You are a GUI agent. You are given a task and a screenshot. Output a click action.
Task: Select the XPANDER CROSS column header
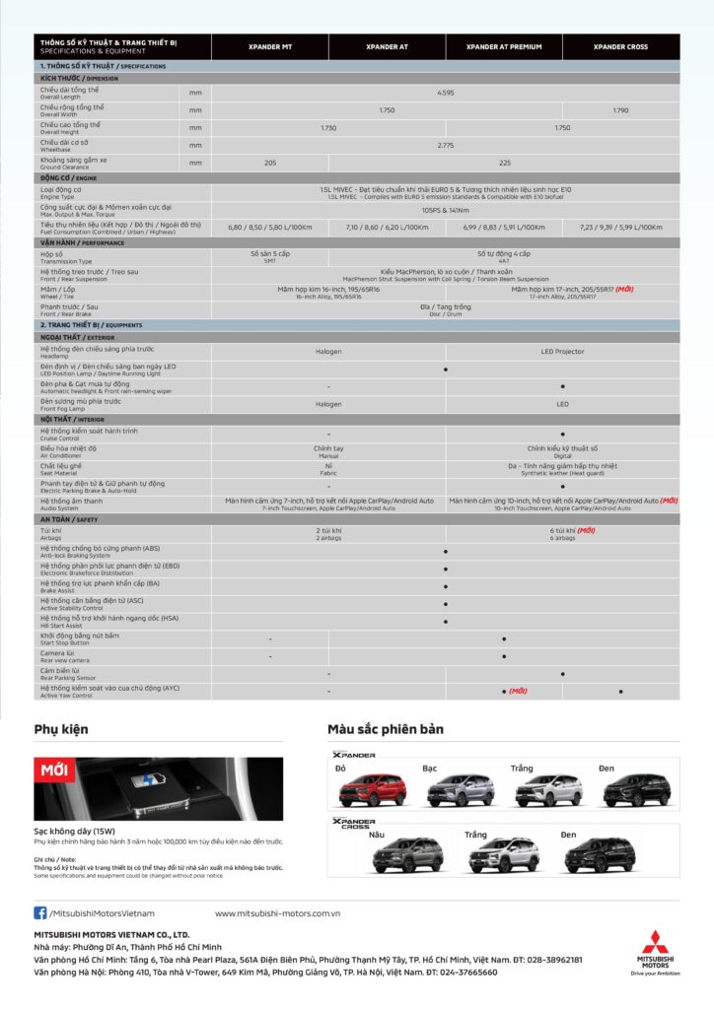point(620,46)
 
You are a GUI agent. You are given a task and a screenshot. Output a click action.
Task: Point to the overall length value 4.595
point(446,92)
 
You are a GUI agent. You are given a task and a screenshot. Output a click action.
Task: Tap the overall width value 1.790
point(620,110)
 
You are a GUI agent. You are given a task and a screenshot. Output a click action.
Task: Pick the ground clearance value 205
point(270,163)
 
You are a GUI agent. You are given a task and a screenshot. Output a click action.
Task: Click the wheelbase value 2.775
point(446,145)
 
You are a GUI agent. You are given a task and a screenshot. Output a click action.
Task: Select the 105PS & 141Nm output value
point(446,209)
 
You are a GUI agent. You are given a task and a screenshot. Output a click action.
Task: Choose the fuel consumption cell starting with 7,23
point(620,227)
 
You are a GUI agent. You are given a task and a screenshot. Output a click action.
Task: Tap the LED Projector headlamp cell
point(562,351)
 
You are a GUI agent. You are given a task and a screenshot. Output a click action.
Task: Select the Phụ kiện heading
point(61,729)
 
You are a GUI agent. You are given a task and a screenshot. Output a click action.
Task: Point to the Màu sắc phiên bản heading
point(386,729)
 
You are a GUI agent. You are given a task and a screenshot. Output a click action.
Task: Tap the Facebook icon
point(40,912)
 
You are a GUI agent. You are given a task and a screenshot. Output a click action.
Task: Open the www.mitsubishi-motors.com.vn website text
point(277,913)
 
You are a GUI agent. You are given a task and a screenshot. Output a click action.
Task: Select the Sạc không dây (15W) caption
point(73,831)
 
